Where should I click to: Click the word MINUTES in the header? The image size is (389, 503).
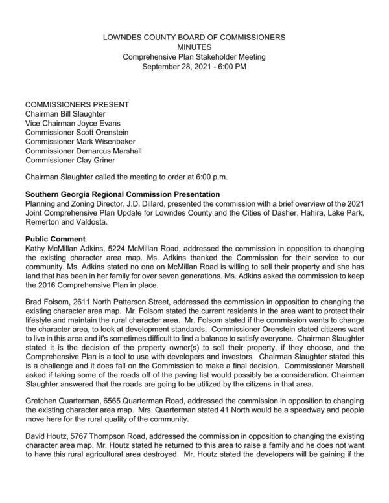click(x=194, y=47)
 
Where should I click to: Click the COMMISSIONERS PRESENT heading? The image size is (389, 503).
click(x=77, y=104)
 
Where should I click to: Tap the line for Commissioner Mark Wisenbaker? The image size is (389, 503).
click(x=85, y=142)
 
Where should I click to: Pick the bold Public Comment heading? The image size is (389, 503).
click(x=54, y=239)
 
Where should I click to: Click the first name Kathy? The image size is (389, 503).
click(x=36, y=249)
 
